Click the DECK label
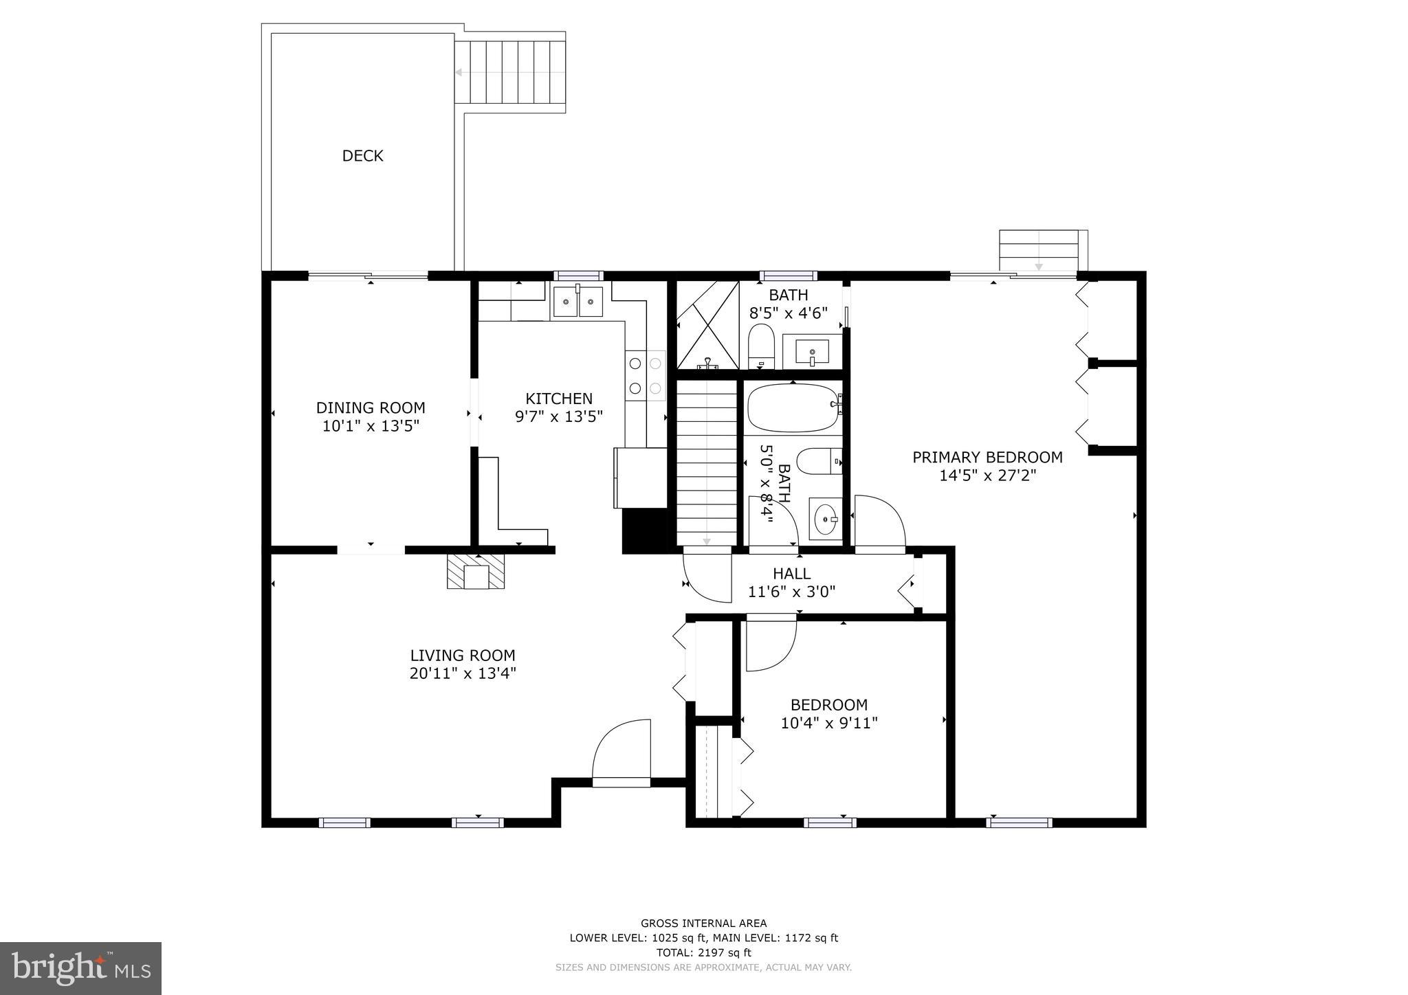(362, 156)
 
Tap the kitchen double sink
(577, 302)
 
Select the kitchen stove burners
(645, 375)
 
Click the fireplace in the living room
(476, 572)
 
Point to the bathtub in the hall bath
(793, 407)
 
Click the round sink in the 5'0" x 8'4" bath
(825, 520)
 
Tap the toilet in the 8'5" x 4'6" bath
(761, 347)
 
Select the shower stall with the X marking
(707, 325)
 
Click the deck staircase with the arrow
(509, 72)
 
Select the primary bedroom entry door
(879, 522)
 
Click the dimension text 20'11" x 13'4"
(463, 673)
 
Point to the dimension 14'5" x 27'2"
(987, 476)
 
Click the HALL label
(791, 573)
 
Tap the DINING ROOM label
(371, 407)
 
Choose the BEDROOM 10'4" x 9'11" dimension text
(829, 723)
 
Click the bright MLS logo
(80, 968)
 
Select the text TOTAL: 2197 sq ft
(703, 952)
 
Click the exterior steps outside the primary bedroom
(1039, 251)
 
